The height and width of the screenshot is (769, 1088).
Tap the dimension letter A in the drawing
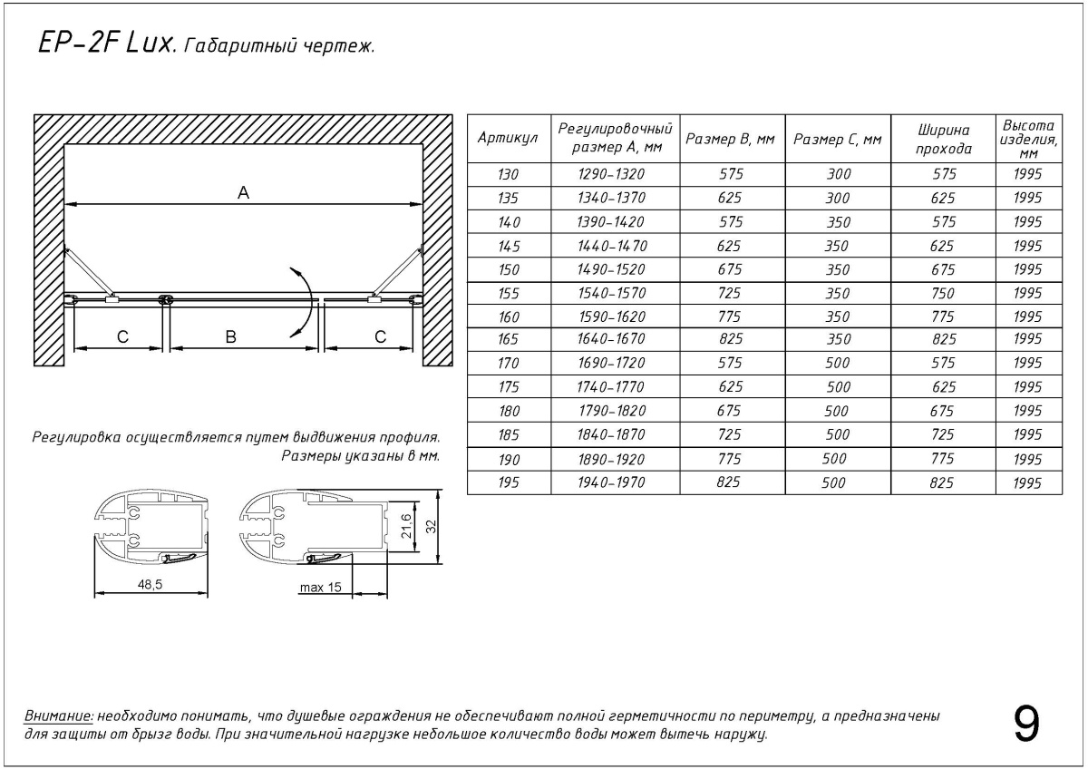[x=242, y=192]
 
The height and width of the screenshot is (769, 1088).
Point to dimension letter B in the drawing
[x=230, y=336]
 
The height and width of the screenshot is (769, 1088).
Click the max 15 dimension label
[x=321, y=588]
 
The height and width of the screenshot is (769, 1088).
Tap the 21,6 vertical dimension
[x=407, y=524]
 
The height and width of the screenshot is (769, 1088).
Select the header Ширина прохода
[x=943, y=139]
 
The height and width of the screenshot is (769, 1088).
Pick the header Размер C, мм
[x=838, y=139]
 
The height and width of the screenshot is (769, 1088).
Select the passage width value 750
[x=943, y=293]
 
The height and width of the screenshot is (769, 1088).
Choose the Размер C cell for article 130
[x=838, y=174]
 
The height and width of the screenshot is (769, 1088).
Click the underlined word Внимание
[x=59, y=716]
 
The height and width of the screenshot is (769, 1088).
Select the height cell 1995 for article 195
[x=1028, y=482]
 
